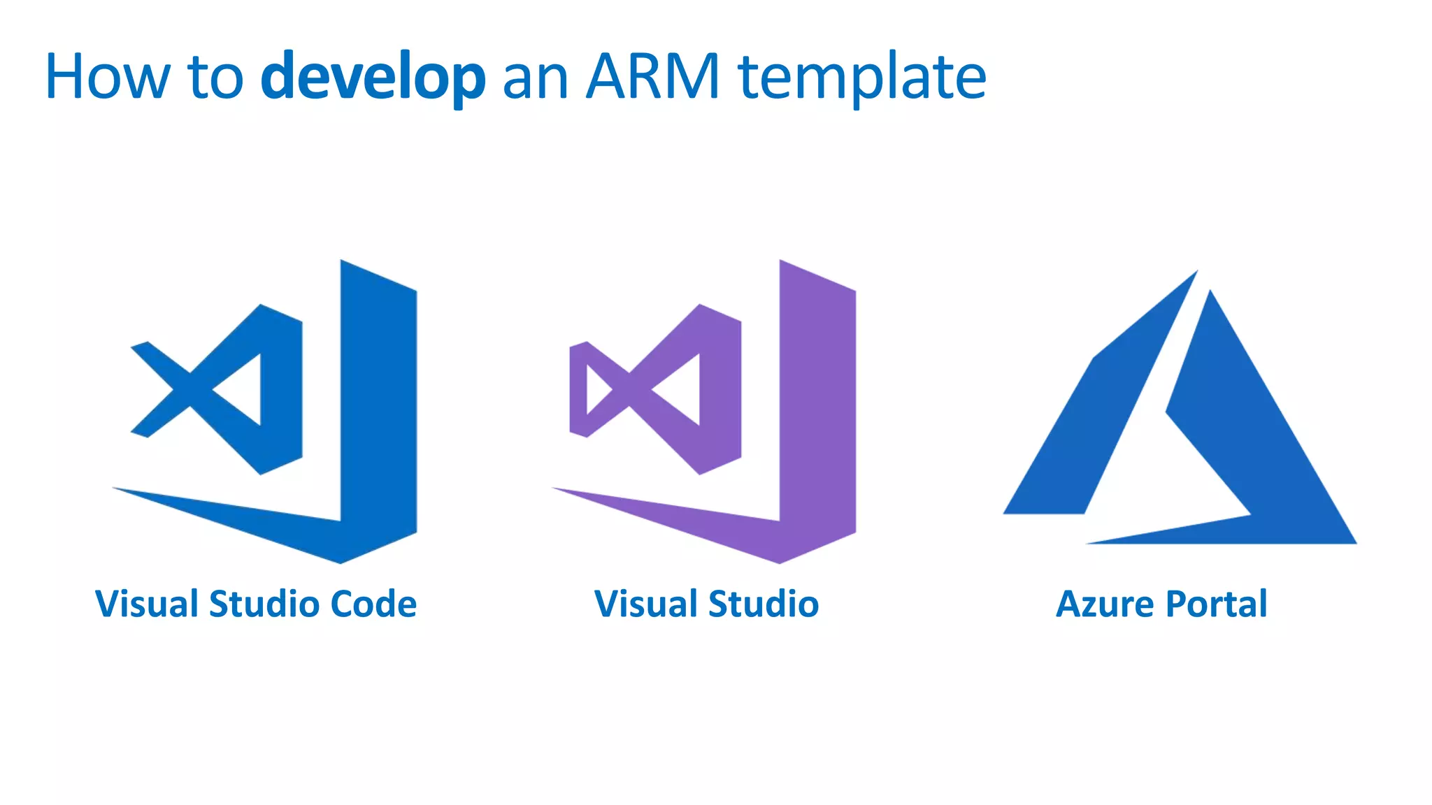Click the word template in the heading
(x=861, y=78)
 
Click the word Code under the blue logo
(x=373, y=604)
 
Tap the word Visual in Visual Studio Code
(x=148, y=604)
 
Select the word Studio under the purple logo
(x=764, y=604)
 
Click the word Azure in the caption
(x=1105, y=604)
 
